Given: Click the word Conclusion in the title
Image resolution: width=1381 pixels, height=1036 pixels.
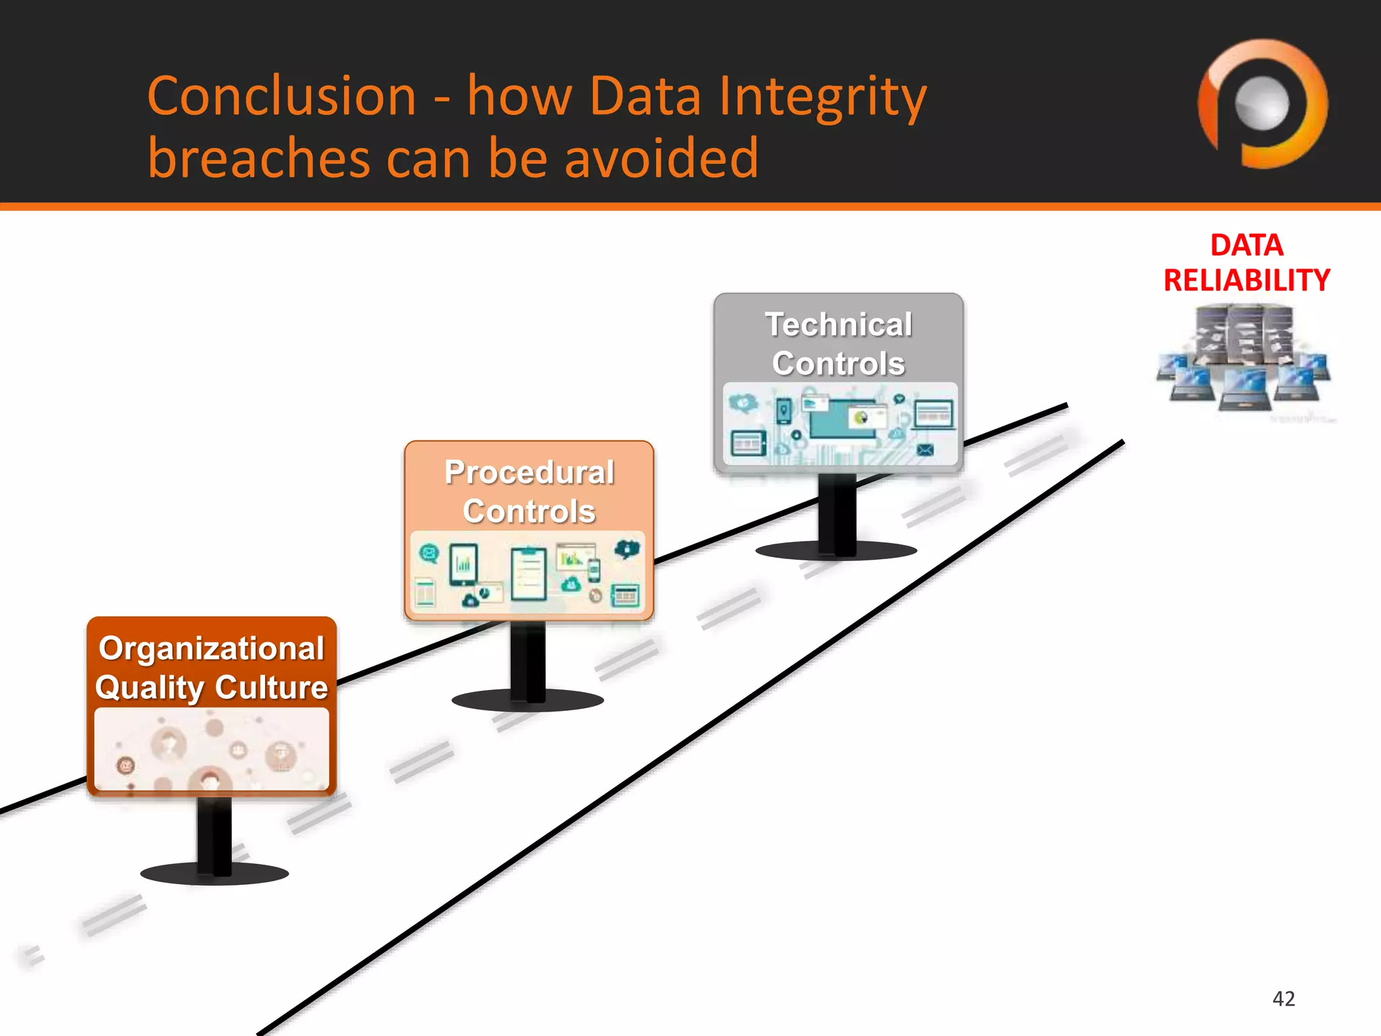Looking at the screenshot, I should [x=282, y=96].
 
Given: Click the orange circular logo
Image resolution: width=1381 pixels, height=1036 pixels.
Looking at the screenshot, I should [x=1262, y=105].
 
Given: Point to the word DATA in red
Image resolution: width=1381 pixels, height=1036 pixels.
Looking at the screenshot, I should [x=1246, y=245].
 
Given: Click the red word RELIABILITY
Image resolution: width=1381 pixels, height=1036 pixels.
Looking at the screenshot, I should [x=1246, y=280].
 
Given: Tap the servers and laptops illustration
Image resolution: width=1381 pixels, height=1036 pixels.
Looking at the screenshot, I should [x=1244, y=361].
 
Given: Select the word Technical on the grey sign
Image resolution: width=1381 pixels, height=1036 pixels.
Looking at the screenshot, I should [x=838, y=324].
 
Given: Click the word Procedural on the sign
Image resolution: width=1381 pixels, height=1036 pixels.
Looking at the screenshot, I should [x=529, y=472].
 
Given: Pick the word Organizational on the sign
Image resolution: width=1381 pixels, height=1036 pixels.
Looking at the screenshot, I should [x=212, y=648].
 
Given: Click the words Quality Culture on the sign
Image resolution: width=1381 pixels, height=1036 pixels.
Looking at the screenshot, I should [x=212, y=687].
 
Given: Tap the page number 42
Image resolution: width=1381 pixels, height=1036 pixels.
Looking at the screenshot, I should [x=1283, y=998].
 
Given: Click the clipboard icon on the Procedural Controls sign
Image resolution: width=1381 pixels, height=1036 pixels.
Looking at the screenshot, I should [x=529, y=573].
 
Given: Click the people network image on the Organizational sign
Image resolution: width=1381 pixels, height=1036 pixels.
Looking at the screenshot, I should [x=212, y=749].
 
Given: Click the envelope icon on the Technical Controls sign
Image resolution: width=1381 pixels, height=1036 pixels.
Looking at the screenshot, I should [x=925, y=450].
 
